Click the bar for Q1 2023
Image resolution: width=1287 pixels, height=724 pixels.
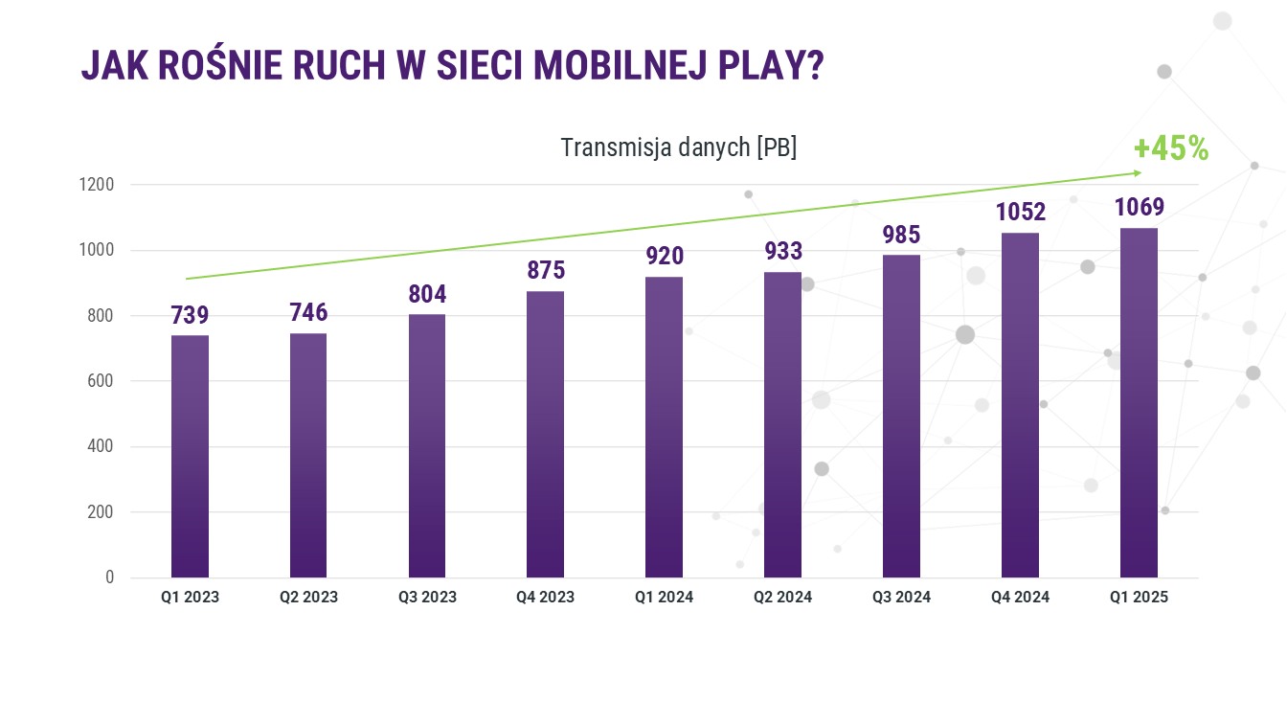[x=190, y=456]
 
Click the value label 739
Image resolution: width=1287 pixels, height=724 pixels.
[x=190, y=316]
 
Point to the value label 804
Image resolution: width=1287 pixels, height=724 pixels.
[x=427, y=294]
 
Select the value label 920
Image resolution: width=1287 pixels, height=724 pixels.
[x=665, y=257]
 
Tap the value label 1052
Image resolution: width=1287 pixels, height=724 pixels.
[x=1021, y=213]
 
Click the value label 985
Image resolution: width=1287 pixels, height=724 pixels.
[x=901, y=235]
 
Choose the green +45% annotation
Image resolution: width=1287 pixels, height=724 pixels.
[x=1170, y=148]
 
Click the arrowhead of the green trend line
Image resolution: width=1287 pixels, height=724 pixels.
[x=1138, y=172]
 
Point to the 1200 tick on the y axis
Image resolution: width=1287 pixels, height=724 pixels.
[x=96, y=185]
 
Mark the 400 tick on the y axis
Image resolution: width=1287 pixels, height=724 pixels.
[x=102, y=447]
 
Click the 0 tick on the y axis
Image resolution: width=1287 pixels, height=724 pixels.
[x=109, y=577]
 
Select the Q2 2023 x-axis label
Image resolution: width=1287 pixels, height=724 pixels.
[x=308, y=598]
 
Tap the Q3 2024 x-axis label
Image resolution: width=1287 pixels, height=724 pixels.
[x=901, y=598]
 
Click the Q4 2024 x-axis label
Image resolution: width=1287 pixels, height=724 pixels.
[x=1020, y=598]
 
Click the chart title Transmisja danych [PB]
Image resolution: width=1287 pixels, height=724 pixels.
[x=678, y=148]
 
